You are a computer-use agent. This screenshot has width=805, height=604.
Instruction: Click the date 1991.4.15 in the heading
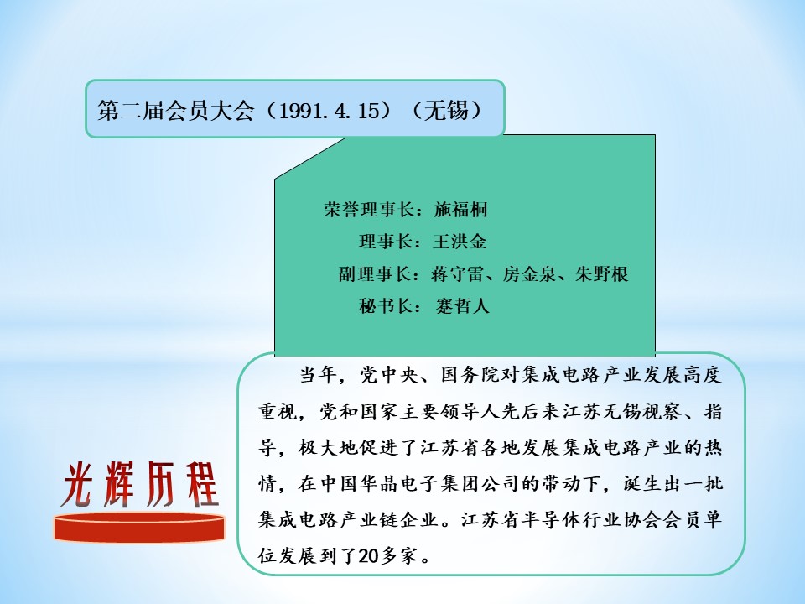point(330,110)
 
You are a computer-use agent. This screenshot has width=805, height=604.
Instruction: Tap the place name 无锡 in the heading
point(446,110)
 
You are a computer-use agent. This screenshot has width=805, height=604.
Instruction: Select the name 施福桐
point(460,210)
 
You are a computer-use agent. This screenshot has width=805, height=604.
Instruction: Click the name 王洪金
point(460,242)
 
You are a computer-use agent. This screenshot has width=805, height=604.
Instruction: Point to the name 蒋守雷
point(458,273)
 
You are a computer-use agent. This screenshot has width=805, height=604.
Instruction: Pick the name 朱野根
point(602,273)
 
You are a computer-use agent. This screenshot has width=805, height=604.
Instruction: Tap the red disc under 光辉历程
point(139,527)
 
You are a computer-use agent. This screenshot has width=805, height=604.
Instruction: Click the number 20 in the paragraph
point(369,555)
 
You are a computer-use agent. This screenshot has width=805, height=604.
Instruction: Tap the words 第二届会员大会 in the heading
point(175,110)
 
